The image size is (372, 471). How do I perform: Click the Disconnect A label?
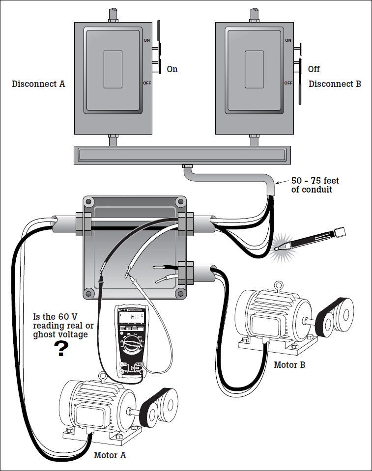(x=38, y=84)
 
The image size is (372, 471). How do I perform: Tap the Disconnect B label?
(x=335, y=84)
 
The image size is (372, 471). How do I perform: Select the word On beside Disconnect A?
(x=172, y=69)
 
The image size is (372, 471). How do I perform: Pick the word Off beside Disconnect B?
(x=314, y=69)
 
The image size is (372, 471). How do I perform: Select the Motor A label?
(x=110, y=455)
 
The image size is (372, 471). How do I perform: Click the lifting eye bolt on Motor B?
(x=279, y=285)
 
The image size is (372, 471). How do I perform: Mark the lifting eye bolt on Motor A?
(x=102, y=377)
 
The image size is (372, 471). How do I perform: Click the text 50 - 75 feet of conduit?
(x=315, y=185)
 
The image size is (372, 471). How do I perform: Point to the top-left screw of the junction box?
(x=88, y=201)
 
